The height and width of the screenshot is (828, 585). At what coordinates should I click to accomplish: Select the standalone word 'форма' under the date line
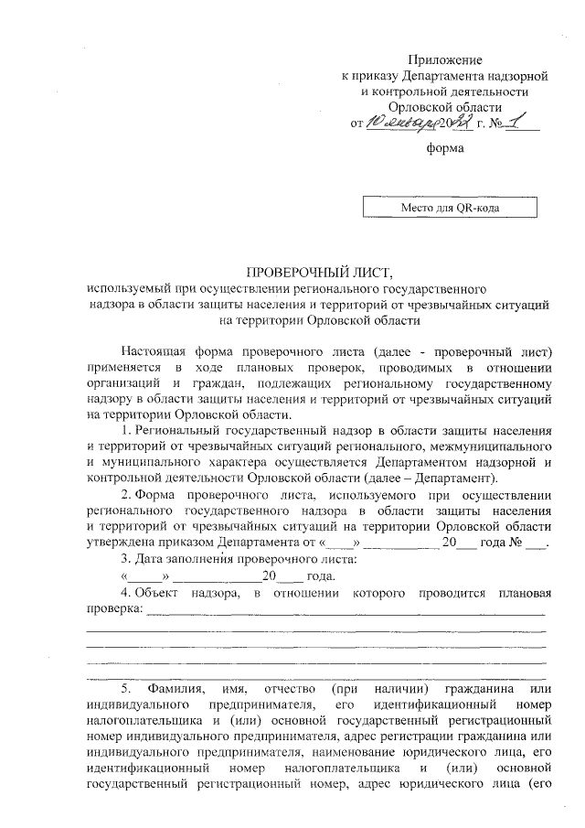pyautogui.click(x=445, y=147)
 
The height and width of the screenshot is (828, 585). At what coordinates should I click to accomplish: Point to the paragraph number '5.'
pyautogui.click(x=128, y=687)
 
